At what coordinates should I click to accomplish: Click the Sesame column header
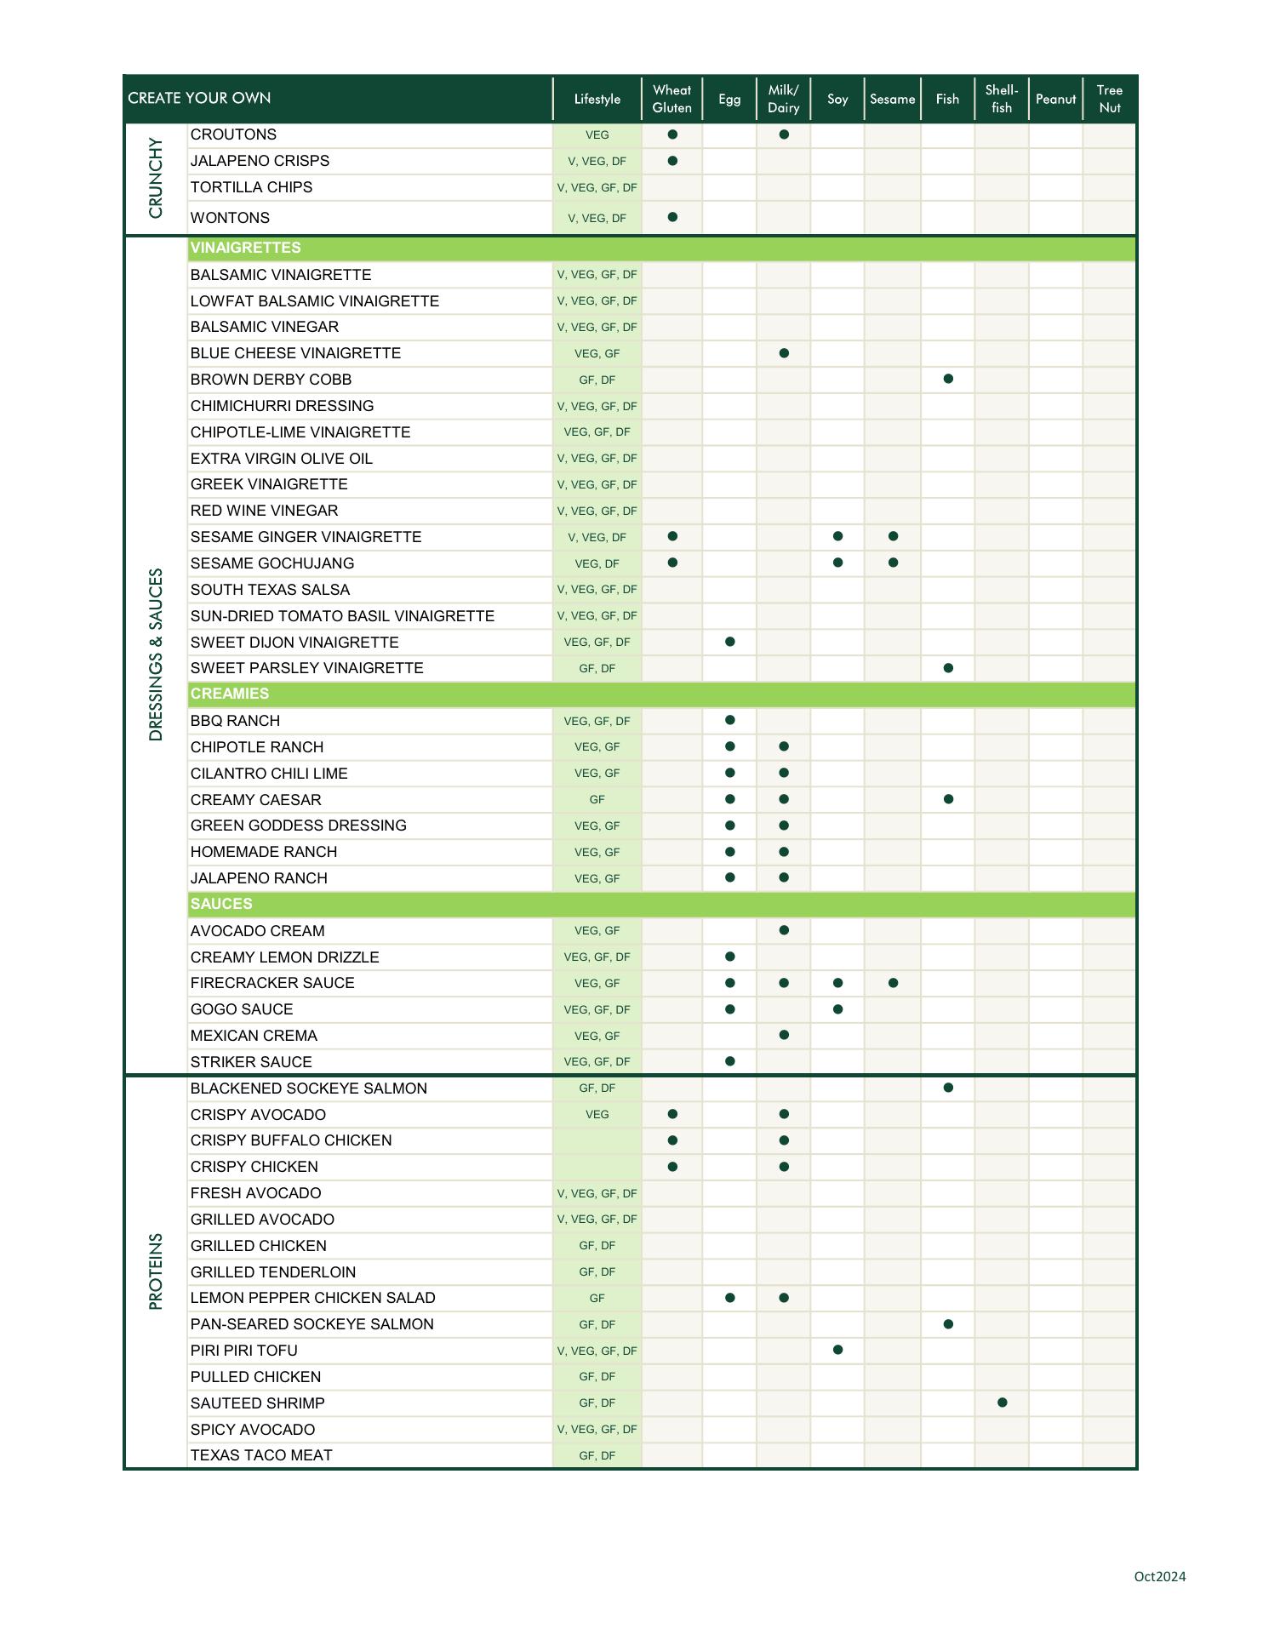tap(892, 99)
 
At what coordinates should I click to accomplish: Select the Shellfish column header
tap(1002, 99)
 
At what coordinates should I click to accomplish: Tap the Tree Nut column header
tap(1109, 99)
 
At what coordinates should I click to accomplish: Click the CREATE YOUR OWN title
tap(199, 98)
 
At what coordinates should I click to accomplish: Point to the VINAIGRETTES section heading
tap(245, 248)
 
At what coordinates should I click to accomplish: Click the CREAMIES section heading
tap(229, 694)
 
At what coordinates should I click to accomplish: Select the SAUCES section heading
tap(221, 904)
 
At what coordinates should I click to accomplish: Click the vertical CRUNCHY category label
tap(156, 178)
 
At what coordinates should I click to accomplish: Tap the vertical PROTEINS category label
tap(156, 1271)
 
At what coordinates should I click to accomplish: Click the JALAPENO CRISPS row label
tap(260, 161)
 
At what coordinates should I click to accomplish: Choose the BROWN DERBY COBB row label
tap(271, 380)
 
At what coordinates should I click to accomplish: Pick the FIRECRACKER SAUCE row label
tap(272, 983)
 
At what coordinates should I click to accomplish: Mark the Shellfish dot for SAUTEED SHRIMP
tap(1002, 1403)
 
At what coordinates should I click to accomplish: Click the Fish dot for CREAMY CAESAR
tap(948, 799)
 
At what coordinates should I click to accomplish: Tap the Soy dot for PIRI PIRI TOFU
tap(837, 1350)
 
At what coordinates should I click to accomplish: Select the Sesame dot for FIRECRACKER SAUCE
tap(893, 983)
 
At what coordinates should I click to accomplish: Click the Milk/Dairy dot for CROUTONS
tap(784, 134)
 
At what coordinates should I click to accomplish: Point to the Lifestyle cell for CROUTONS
tap(597, 134)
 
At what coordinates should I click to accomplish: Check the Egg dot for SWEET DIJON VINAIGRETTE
tap(729, 642)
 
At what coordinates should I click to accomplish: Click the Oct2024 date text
tap(1159, 1577)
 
